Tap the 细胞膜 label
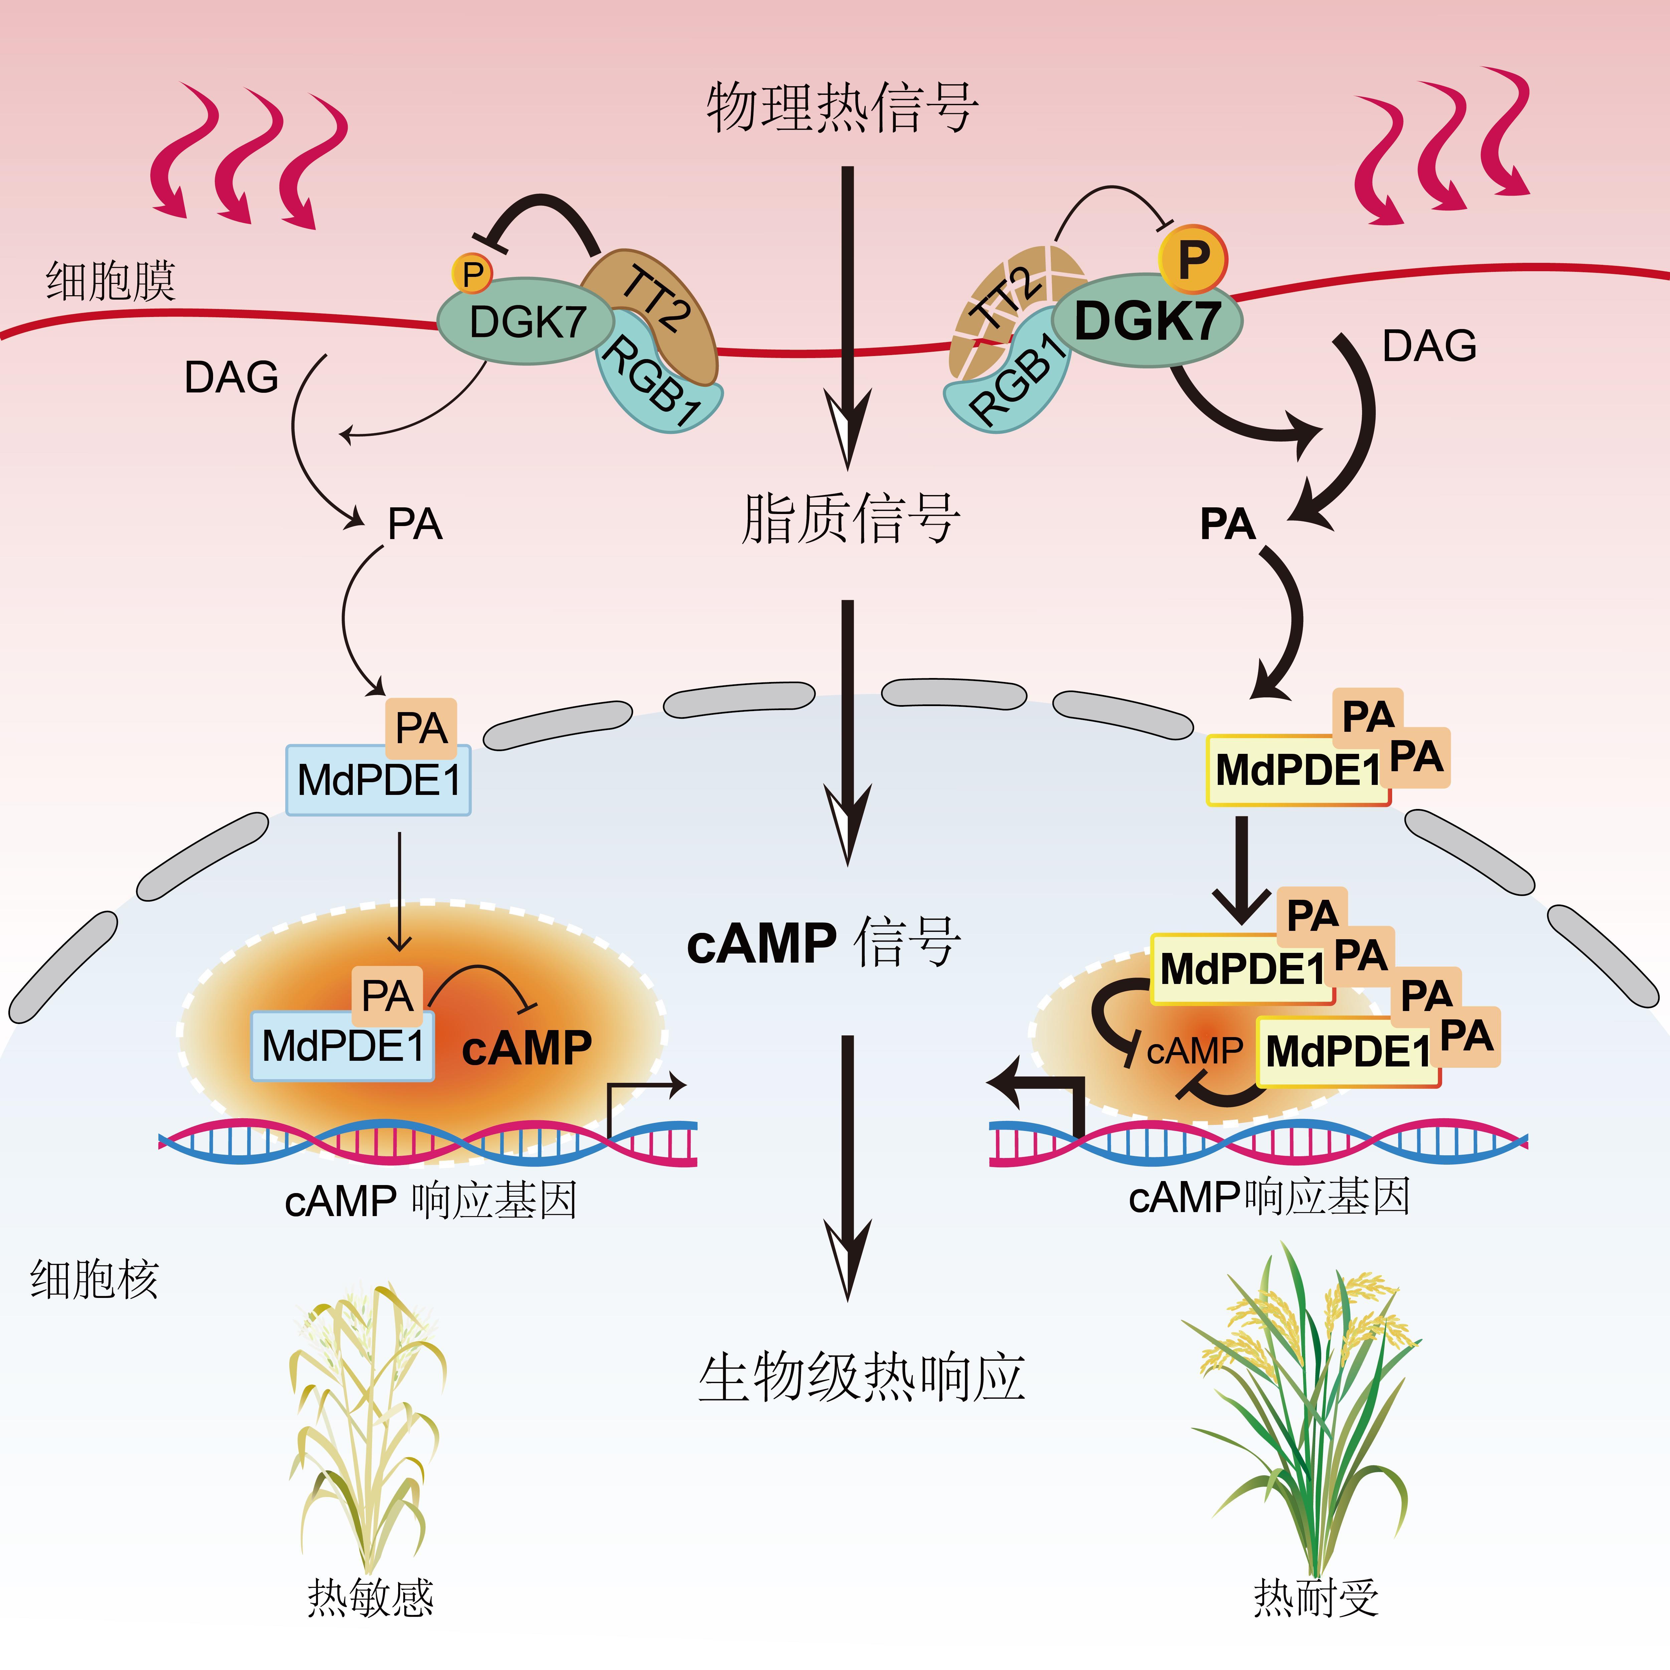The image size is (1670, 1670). (x=111, y=281)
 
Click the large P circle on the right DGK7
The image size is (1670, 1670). (x=1192, y=258)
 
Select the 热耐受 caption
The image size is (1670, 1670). (x=1316, y=1598)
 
